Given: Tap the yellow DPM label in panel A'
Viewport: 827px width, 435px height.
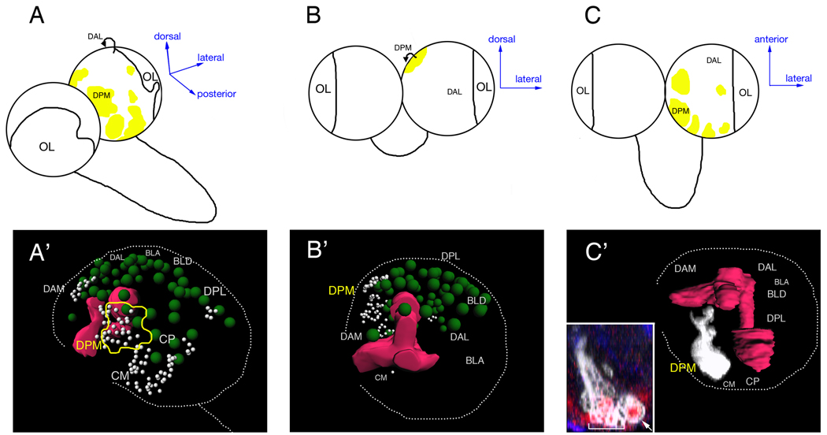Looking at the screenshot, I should tap(89, 344).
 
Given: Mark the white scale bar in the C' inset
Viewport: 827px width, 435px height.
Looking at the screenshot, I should tap(606, 426).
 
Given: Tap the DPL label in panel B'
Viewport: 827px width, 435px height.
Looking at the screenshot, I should tap(451, 256).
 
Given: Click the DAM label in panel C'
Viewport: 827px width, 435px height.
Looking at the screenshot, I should tap(684, 270).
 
